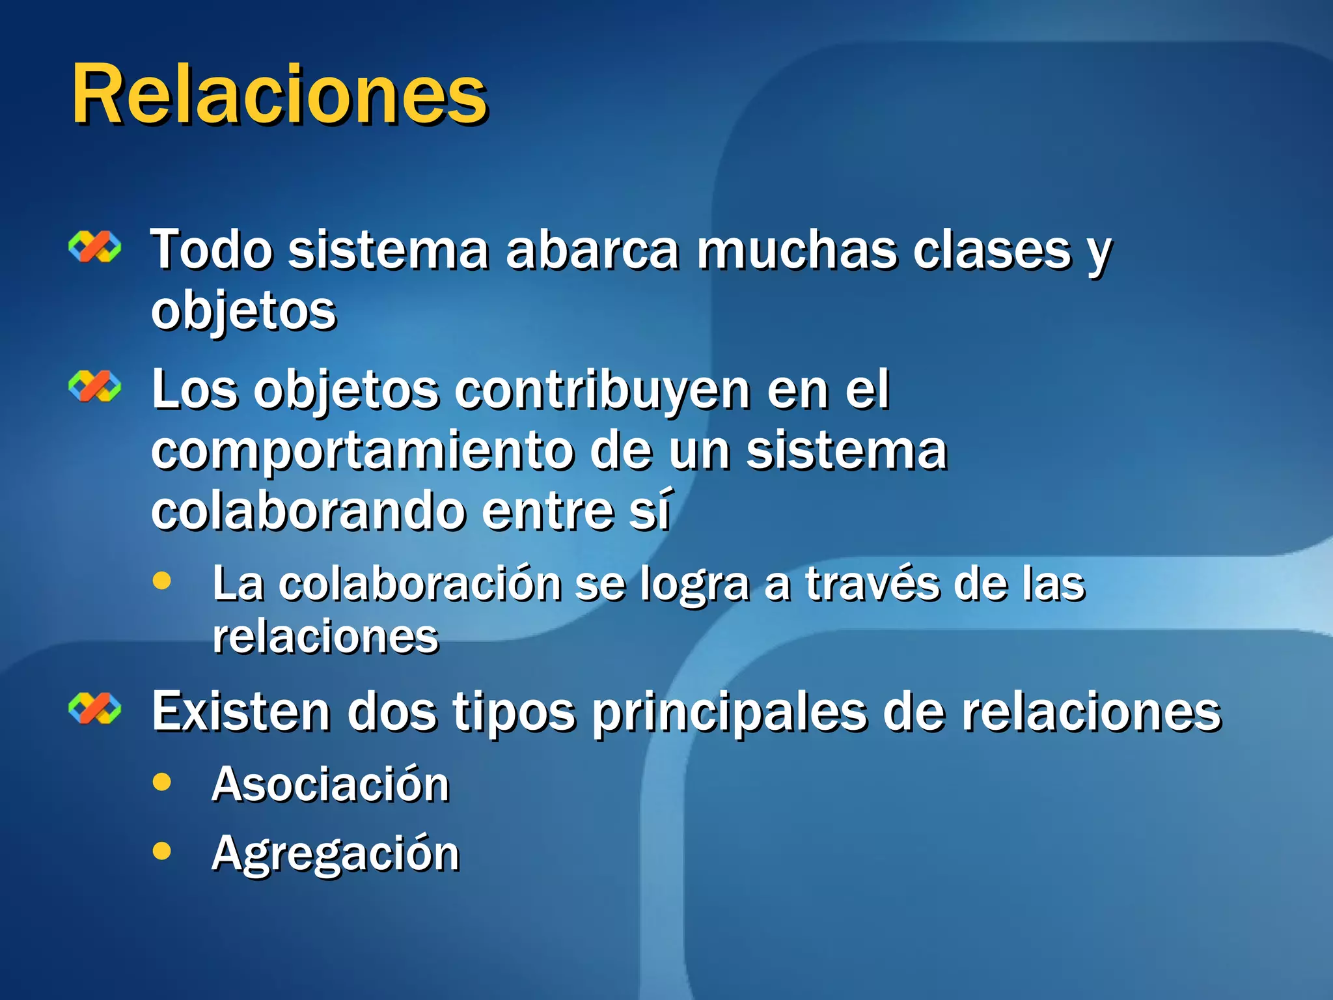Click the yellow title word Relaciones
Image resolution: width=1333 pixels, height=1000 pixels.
pos(279,94)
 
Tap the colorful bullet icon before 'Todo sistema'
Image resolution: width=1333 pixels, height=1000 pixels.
pos(95,247)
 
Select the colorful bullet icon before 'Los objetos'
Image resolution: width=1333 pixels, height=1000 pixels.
pos(95,386)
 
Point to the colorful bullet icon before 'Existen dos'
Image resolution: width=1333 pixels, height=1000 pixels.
pos(95,708)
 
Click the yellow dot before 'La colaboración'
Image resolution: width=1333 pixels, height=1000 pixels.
pos(161,581)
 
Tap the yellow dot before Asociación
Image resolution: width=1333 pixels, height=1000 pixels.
pos(161,781)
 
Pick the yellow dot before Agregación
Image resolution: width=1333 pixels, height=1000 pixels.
pos(161,850)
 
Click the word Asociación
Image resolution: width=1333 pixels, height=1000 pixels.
pos(331,784)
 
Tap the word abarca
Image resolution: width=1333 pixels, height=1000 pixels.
pos(592,250)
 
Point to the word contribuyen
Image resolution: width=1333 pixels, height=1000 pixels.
pos(602,391)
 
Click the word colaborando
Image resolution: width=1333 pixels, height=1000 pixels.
pos(309,512)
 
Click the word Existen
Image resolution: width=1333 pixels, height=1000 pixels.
pos(241,712)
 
